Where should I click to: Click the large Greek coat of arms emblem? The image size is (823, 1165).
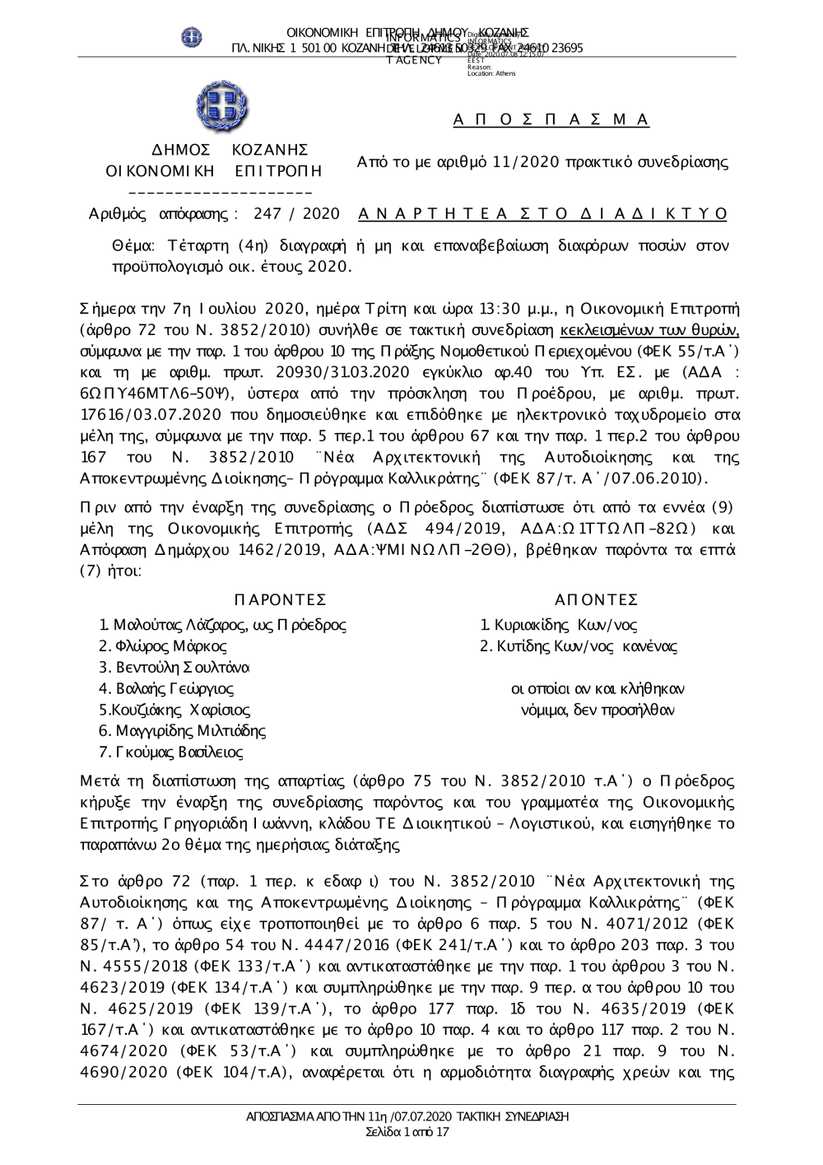click(216, 108)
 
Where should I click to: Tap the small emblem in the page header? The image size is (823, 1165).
click(192, 37)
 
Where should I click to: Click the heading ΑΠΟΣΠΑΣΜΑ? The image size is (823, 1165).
click(551, 120)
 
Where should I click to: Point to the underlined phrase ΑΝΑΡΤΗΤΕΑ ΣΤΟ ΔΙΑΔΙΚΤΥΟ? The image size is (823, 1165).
click(543, 214)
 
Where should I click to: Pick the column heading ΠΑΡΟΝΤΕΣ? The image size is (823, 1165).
click(280, 599)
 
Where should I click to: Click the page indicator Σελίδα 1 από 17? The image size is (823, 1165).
click(407, 1133)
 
